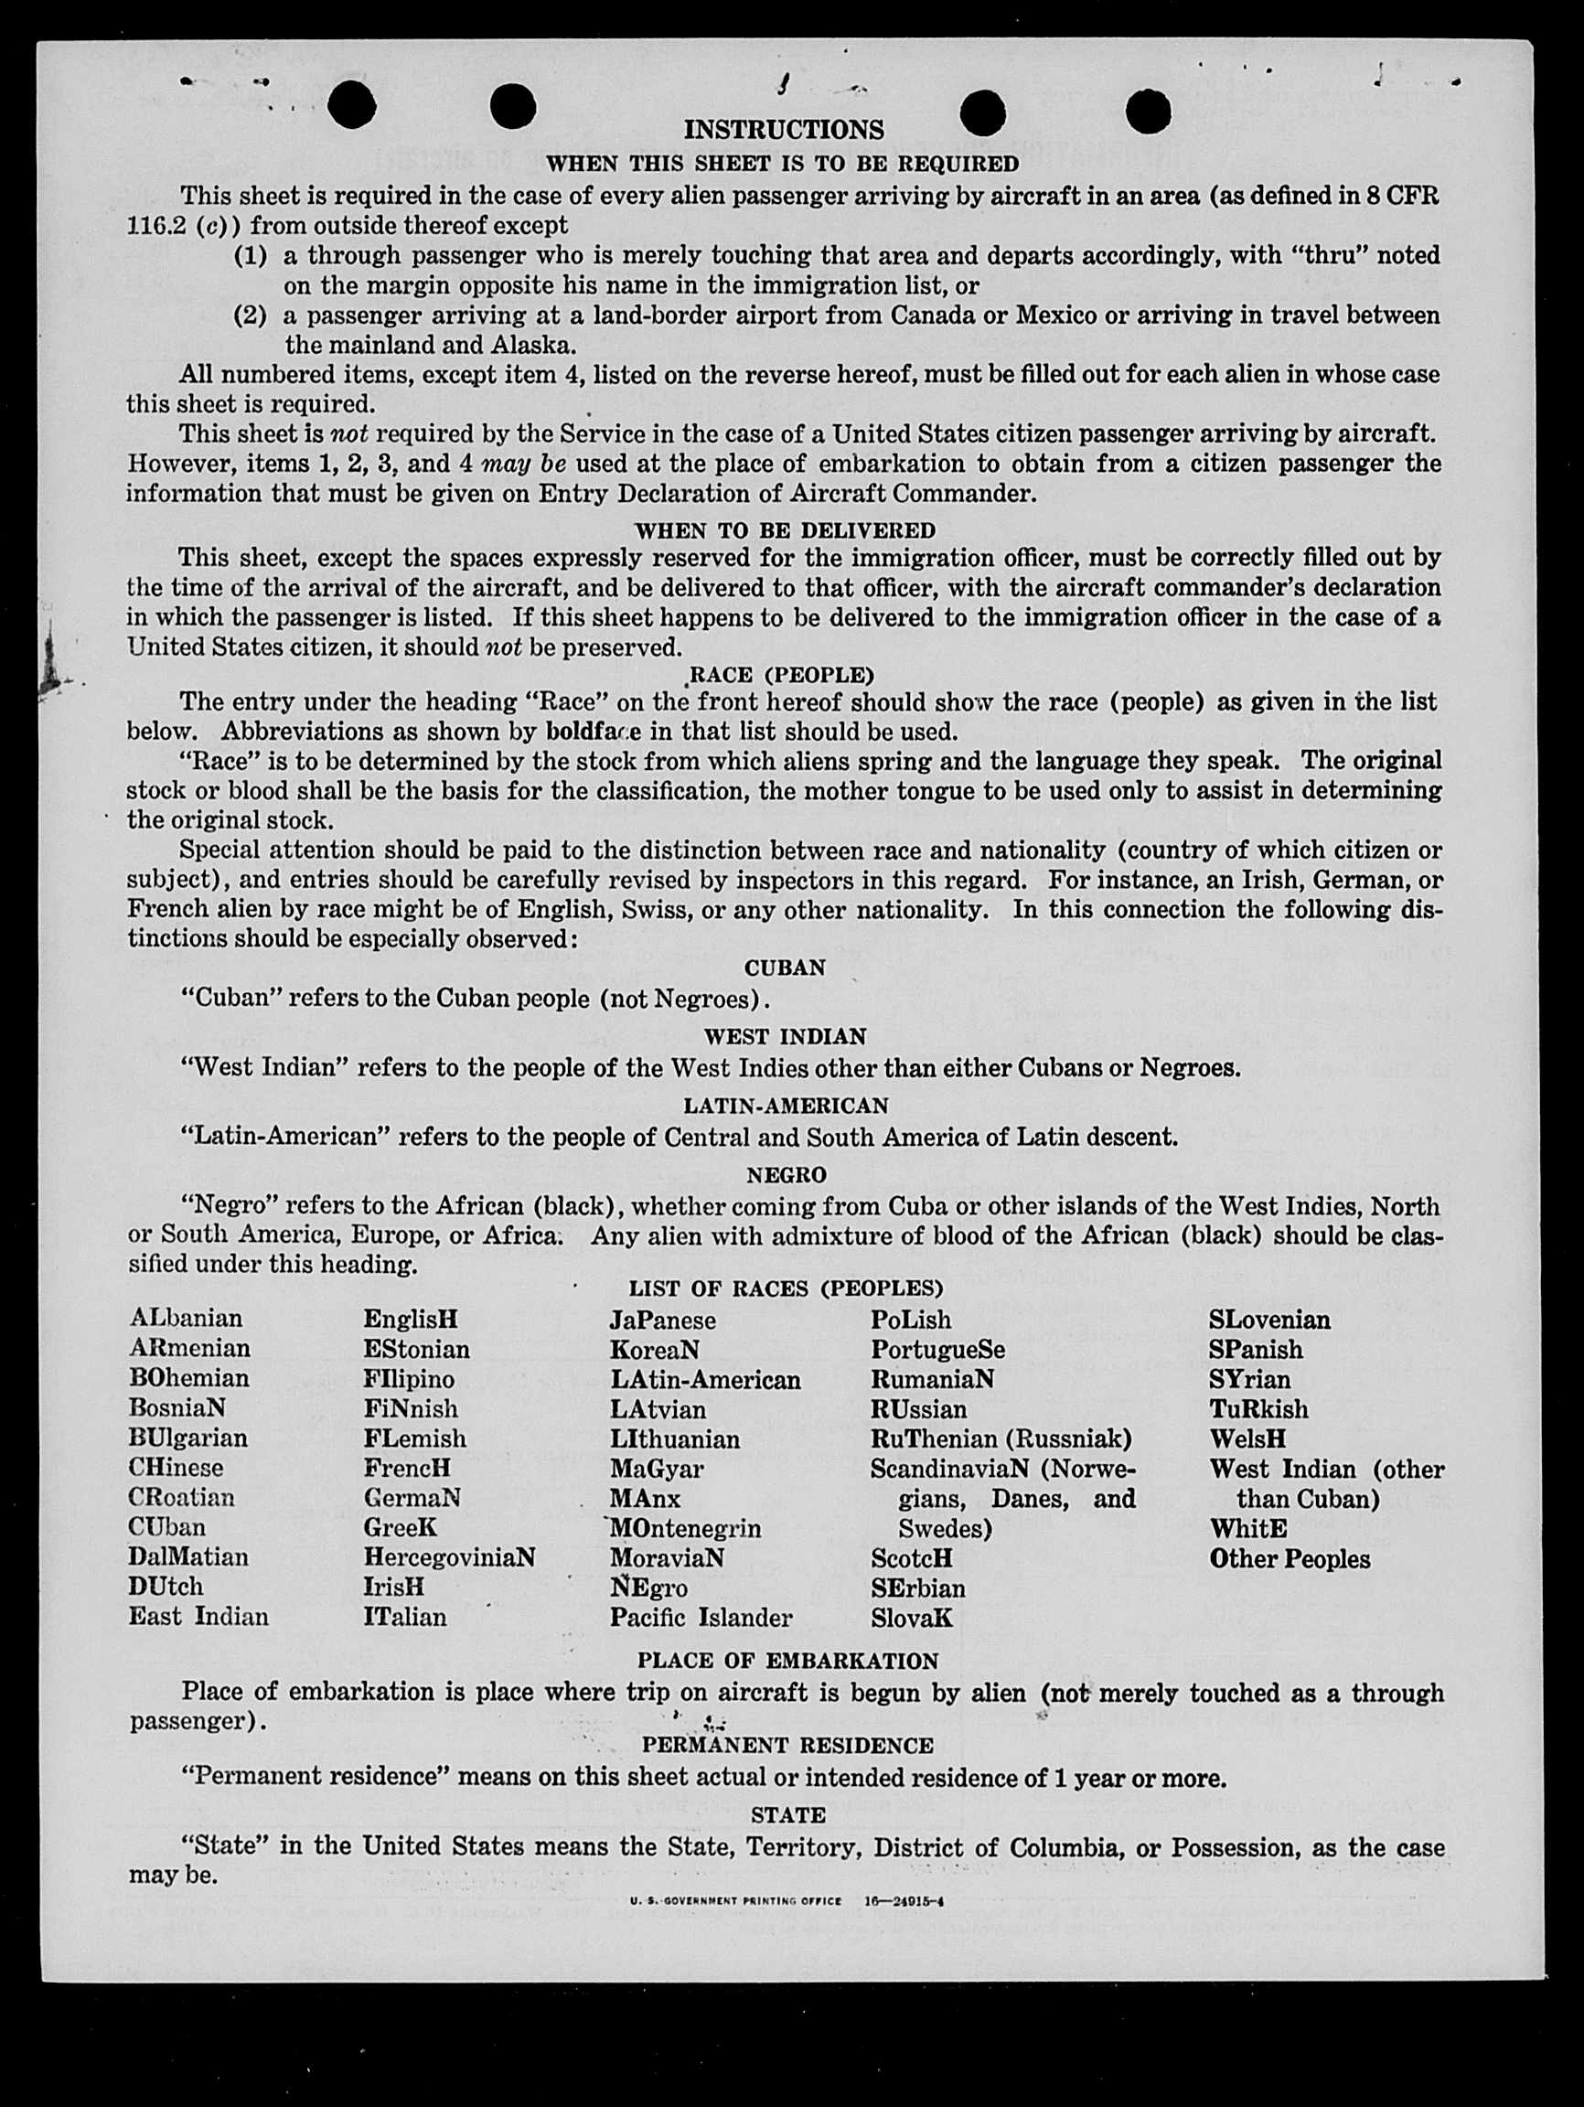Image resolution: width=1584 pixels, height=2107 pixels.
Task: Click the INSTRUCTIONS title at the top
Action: tap(783, 130)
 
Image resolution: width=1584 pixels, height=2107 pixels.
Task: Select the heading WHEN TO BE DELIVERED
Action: tap(785, 530)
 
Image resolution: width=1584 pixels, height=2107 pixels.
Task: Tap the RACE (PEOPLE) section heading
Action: tap(780, 675)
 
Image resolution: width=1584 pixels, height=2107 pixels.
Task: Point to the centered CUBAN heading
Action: tap(784, 968)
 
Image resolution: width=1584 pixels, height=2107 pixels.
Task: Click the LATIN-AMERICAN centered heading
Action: tap(785, 1106)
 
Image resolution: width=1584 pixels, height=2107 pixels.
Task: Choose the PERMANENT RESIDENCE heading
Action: tap(787, 1745)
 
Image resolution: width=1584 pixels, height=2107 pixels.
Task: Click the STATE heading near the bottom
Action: tap(787, 1814)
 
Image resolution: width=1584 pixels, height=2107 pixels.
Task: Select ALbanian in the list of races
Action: tap(186, 1319)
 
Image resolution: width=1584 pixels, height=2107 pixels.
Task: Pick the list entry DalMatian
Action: tap(187, 1556)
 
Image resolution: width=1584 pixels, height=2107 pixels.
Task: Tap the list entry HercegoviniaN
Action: tap(449, 1556)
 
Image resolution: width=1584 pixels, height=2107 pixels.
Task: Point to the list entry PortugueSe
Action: tap(937, 1350)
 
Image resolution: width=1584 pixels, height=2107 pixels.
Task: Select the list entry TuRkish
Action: tap(1258, 1409)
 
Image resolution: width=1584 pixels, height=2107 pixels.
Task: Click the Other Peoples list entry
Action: tap(1289, 1559)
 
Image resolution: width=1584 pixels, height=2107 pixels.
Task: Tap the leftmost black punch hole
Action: tap(351, 105)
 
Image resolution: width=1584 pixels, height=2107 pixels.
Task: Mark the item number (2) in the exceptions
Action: tap(250, 316)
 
